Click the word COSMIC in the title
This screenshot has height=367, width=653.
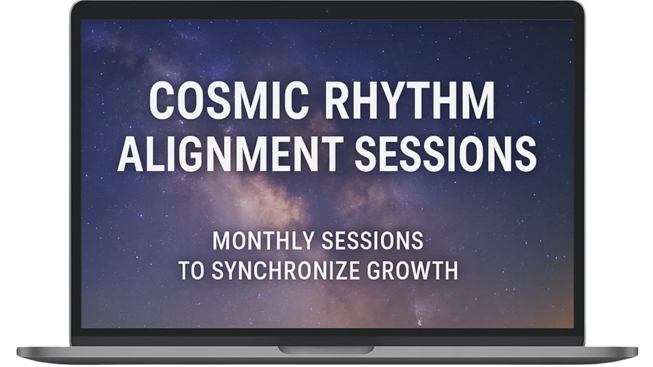pyautogui.click(x=229, y=100)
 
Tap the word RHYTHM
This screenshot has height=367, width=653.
pyautogui.click(x=409, y=100)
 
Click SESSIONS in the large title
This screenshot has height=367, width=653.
pyautogui.click(x=446, y=153)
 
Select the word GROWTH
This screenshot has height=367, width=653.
pyautogui.click(x=412, y=271)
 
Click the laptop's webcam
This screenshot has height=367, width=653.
pyautogui.click(x=327, y=11)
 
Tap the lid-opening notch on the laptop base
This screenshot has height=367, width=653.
pyautogui.click(x=326, y=350)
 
